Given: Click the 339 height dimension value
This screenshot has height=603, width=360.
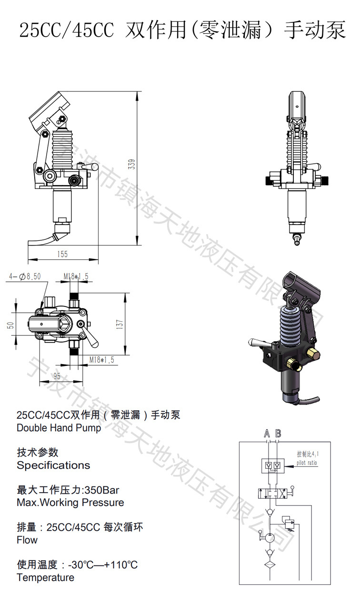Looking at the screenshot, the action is [x=132, y=164].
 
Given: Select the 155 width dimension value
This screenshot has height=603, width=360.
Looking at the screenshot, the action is [x=62, y=254].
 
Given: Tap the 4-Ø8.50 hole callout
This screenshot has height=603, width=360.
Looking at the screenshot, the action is [x=25, y=277].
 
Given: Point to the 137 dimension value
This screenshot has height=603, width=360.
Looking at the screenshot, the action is [x=120, y=325].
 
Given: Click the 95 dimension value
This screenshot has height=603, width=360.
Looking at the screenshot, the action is [x=57, y=376].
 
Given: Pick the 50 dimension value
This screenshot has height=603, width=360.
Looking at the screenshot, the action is [x=10, y=325].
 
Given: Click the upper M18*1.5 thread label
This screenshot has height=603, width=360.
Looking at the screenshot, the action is [x=76, y=277].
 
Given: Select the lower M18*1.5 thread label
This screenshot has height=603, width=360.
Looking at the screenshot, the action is [x=102, y=360].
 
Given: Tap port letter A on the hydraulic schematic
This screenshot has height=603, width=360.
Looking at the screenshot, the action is [x=267, y=434].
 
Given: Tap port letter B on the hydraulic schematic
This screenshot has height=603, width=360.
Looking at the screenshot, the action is [x=278, y=434].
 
